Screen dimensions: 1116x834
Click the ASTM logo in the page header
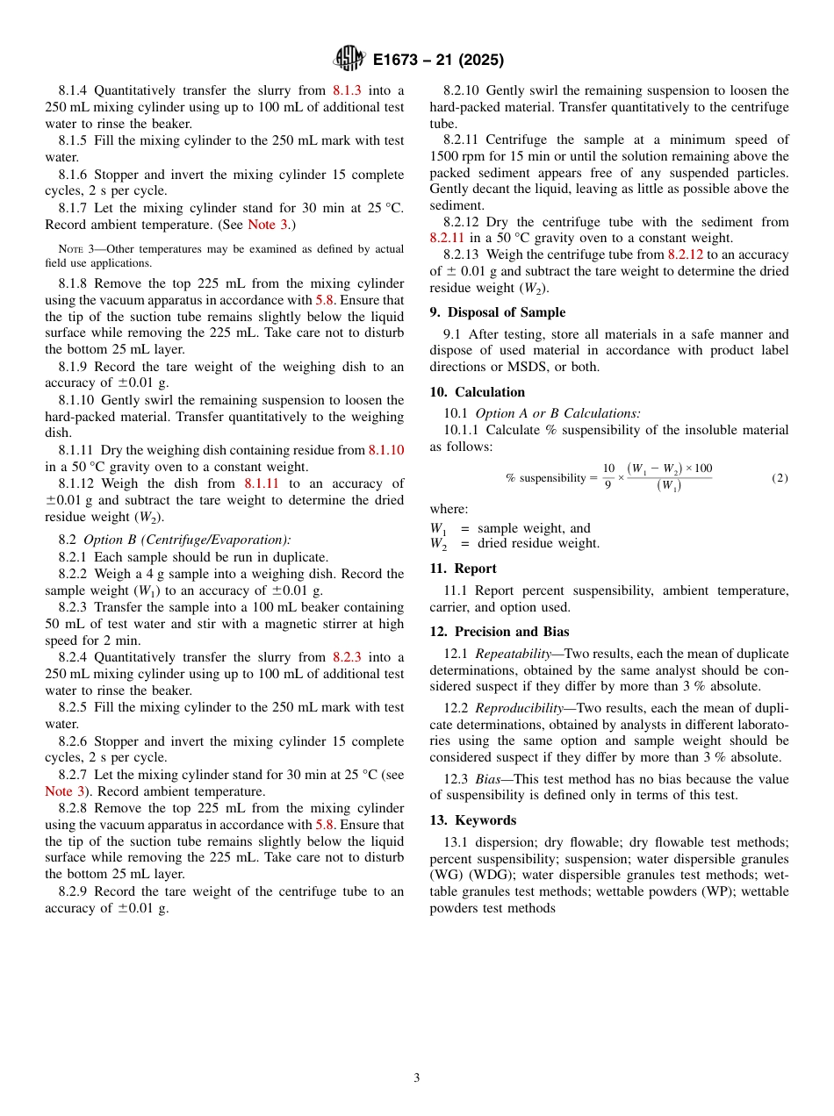click(x=349, y=60)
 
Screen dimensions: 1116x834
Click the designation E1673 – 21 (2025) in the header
click(x=438, y=61)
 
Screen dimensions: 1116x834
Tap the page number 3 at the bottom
click(x=417, y=1077)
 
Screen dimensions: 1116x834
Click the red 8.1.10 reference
click(x=386, y=450)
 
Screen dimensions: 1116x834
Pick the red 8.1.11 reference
click(x=262, y=483)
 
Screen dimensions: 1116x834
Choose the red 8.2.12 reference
click(x=686, y=254)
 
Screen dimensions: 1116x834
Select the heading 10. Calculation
click(x=478, y=392)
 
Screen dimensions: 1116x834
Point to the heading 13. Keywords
click(x=473, y=820)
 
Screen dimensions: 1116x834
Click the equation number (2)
click(x=780, y=478)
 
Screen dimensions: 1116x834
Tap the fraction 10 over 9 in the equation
click(x=608, y=477)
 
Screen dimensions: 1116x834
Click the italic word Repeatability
click(x=512, y=654)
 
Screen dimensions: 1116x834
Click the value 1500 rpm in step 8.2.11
click(x=458, y=156)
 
